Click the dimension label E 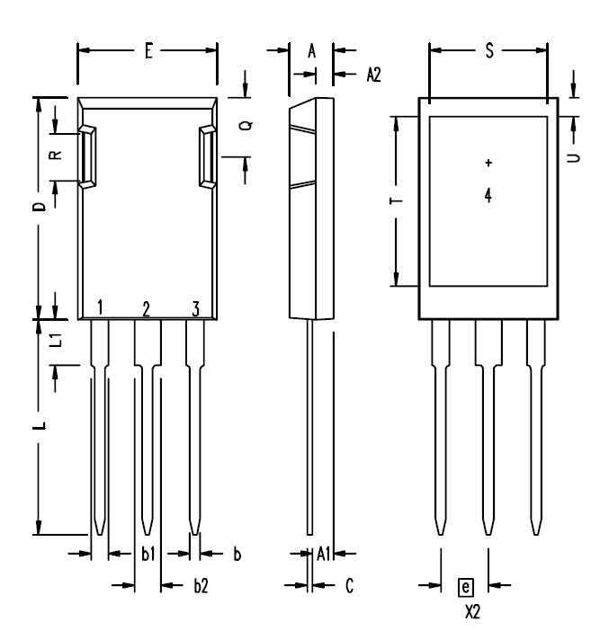coord(149,51)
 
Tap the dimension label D coord(40,207)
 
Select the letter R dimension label coord(56,155)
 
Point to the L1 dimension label coord(57,340)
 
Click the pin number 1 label coord(100,307)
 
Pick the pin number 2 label coord(146,309)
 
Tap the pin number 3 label coord(196,309)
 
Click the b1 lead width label coord(148,554)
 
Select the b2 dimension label coord(201,585)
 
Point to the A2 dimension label coord(373,75)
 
